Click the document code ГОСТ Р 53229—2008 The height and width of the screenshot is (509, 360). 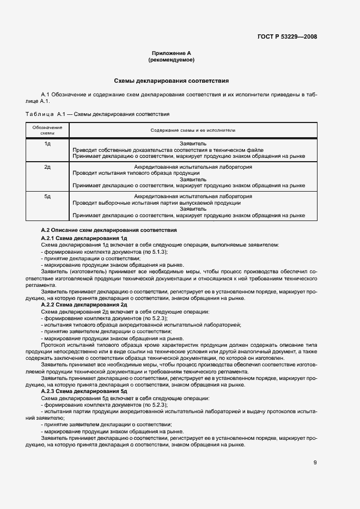[287, 37]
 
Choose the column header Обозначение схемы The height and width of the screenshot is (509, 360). [47, 130]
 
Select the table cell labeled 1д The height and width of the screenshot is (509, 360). [47, 143]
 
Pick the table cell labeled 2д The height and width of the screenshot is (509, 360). [47, 166]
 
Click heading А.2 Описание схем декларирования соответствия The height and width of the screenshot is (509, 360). [109, 231]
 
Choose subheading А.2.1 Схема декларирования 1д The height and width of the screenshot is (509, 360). [84, 238]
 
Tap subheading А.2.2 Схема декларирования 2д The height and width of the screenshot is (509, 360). [84, 305]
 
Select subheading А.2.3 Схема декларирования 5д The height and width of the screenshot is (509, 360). [84, 391]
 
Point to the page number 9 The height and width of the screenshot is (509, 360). [315, 463]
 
